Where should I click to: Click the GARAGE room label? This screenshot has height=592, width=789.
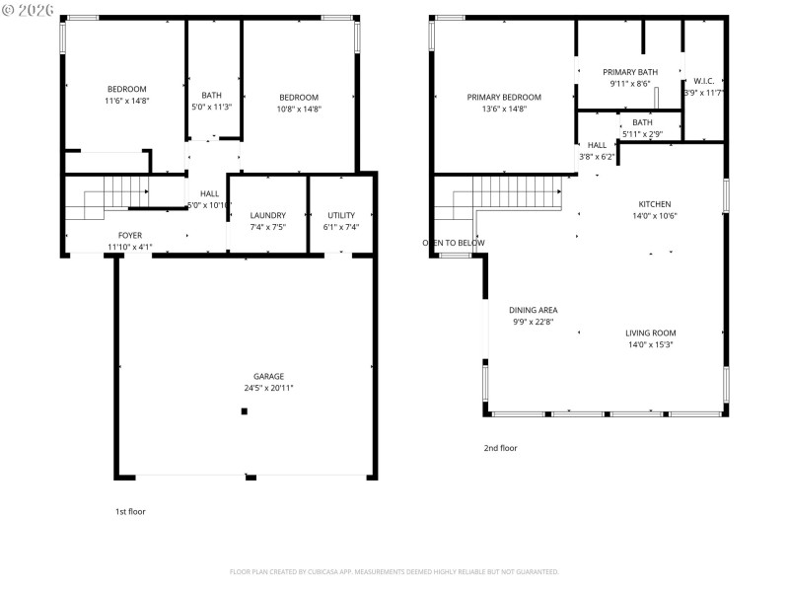pyautogui.click(x=268, y=376)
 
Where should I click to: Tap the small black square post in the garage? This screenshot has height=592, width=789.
pyautogui.click(x=244, y=411)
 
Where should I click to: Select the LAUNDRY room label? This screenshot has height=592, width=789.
pyautogui.click(x=267, y=215)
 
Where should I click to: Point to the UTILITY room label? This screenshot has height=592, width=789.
pyautogui.click(x=341, y=215)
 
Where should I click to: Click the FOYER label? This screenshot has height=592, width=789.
pyautogui.click(x=130, y=236)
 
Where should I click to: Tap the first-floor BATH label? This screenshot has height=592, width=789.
pyautogui.click(x=211, y=95)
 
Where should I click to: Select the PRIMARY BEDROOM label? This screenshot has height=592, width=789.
pyautogui.click(x=504, y=97)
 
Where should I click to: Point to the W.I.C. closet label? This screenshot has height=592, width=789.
pyautogui.click(x=704, y=81)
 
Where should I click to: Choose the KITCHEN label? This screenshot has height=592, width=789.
pyautogui.click(x=654, y=204)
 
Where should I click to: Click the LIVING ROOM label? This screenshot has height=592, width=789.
pyautogui.click(x=650, y=333)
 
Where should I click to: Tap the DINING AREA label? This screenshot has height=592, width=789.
pyautogui.click(x=534, y=310)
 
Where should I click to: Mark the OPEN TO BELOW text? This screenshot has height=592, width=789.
pyautogui.click(x=454, y=243)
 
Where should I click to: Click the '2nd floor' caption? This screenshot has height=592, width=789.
pyautogui.click(x=500, y=448)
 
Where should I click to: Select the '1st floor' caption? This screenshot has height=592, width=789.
pyautogui.click(x=130, y=511)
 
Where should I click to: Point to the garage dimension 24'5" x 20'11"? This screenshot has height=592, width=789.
pyautogui.click(x=268, y=388)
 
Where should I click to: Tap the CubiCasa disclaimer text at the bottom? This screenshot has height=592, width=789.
pyautogui.click(x=394, y=571)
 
